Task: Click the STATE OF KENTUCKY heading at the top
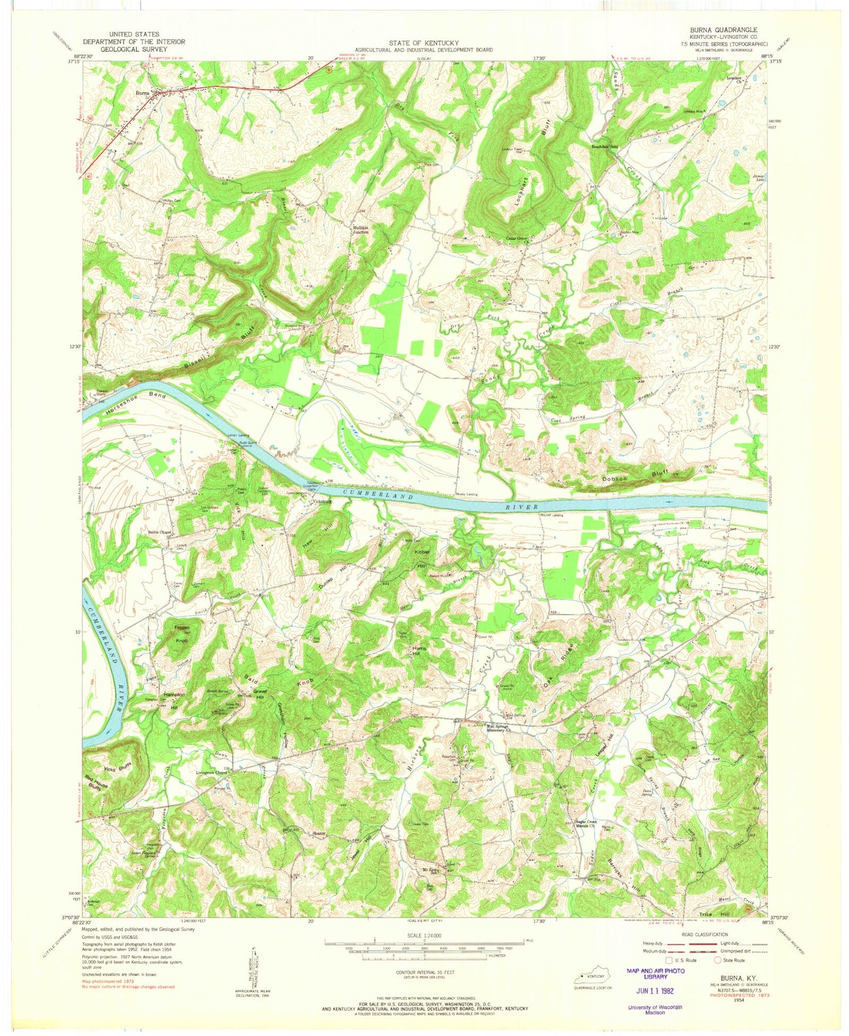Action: pyautogui.click(x=424, y=43)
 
